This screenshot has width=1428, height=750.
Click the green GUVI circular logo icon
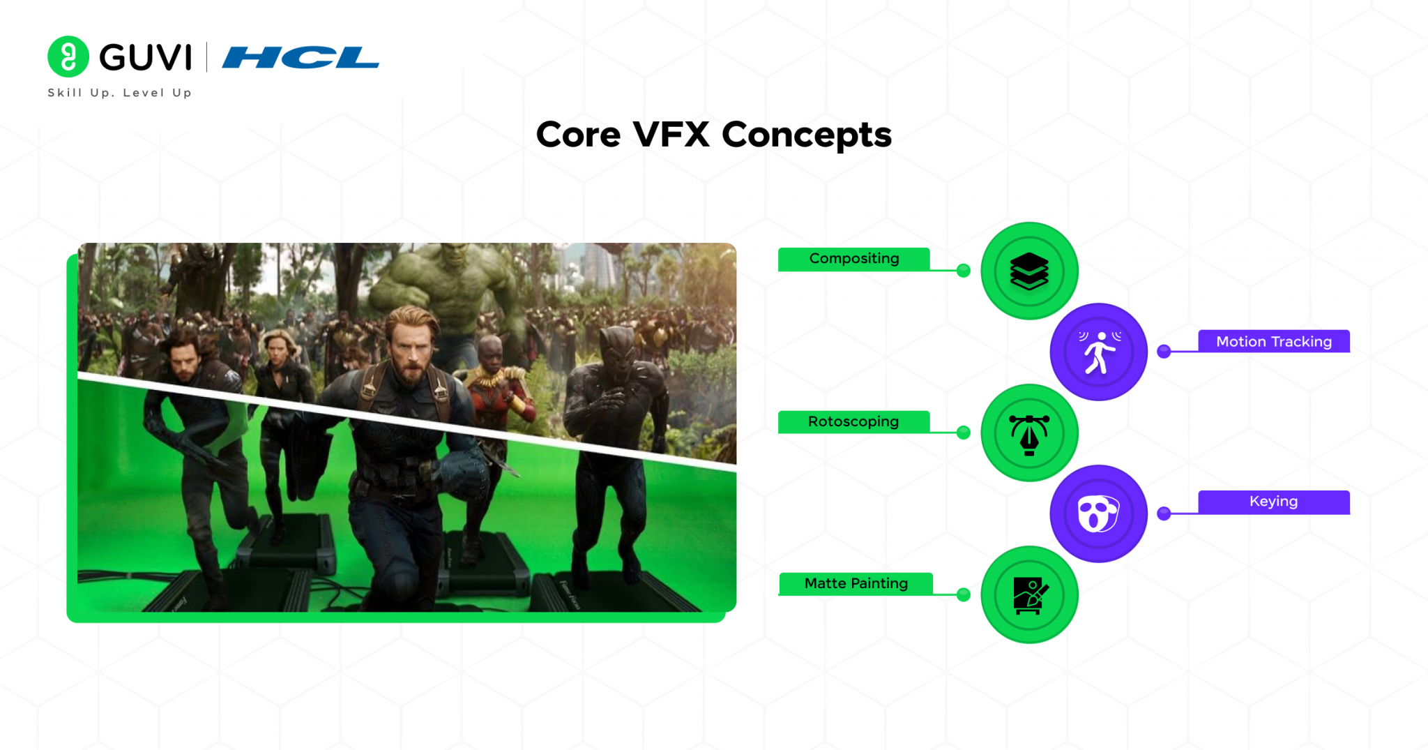point(68,57)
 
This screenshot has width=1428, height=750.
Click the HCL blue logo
point(301,57)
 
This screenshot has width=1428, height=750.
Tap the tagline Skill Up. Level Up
point(119,93)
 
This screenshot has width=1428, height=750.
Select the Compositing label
point(853,259)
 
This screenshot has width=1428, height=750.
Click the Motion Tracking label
point(1273,341)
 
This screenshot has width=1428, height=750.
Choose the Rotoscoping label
point(853,421)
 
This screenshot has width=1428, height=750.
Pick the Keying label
point(1273,502)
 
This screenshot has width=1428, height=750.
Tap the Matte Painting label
point(856,583)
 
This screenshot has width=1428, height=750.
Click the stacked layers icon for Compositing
point(1029,271)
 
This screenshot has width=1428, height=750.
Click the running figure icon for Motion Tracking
point(1099,352)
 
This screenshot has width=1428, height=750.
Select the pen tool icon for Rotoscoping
point(1029,433)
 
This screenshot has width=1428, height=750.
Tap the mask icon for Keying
point(1098,514)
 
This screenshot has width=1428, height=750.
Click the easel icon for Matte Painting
point(1029,595)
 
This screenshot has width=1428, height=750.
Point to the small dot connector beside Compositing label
point(964,271)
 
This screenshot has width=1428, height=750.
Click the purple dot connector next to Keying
point(1164,514)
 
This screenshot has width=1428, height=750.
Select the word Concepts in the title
point(807,134)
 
